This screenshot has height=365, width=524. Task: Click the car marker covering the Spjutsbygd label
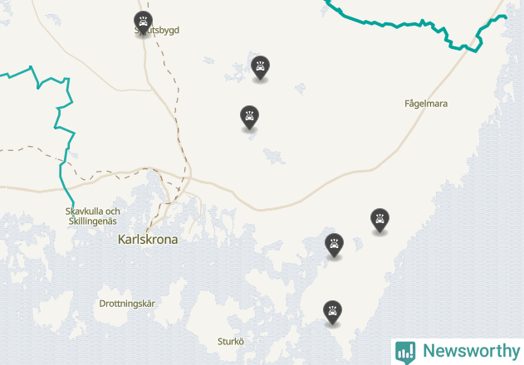point(143,22)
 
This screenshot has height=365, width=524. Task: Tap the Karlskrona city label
point(149,239)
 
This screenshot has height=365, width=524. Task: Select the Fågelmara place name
point(426,104)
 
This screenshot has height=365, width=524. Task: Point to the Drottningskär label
point(127,304)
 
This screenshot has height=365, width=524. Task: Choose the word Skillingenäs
point(93,221)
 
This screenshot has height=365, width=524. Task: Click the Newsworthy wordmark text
point(471,351)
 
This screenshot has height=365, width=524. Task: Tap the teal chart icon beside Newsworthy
point(405,351)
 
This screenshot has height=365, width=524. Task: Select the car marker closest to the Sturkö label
point(333,312)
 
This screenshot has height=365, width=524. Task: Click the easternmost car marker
point(380,220)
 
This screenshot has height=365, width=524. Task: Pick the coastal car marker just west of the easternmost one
point(334,245)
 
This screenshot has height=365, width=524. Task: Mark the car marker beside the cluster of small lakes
point(261,67)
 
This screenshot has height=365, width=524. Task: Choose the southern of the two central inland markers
point(248,117)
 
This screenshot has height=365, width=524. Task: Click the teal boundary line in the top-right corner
point(390,23)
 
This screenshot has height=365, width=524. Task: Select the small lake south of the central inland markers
point(272,155)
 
